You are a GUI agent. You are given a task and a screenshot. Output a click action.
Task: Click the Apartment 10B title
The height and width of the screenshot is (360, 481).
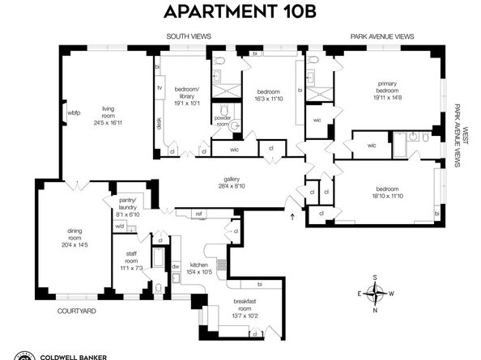pyautogui.click(x=240, y=12)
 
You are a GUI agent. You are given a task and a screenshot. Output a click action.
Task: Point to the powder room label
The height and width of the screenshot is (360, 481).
pyautogui.click(x=223, y=121)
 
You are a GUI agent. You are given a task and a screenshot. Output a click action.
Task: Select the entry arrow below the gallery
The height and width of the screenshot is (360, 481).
pyautogui.click(x=292, y=215)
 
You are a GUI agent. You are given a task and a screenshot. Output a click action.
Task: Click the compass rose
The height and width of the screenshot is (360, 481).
pyautogui.click(x=375, y=294)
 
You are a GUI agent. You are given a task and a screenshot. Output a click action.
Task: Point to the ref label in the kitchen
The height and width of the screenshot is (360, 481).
pyautogui.click(x=198, y=214)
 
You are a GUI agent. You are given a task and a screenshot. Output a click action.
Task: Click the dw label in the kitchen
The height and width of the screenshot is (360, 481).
pyautogui.click(x=175, y=266)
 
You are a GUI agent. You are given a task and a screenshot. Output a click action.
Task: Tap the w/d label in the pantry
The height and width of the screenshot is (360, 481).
pyautogui.click(x=120, y=227)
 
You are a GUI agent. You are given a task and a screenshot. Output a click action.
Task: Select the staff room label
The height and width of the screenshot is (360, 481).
pyautogui.click(x=132, y=264)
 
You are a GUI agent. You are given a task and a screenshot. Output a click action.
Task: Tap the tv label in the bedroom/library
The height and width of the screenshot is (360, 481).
pyautogui.click(x=160, y=87)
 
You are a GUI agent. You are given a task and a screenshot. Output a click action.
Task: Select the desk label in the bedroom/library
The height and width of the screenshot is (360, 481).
pyautogui.click(x=159, y=123)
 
